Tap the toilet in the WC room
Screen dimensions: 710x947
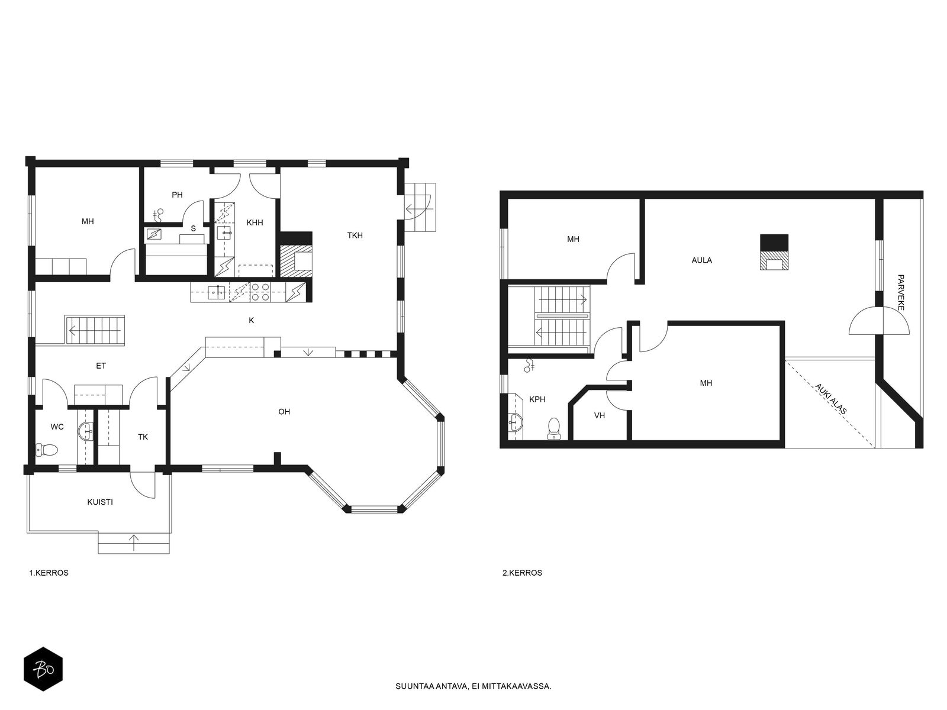pyautogui.click(x=47, y=450)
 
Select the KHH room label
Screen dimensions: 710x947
pyautogui.click(x=255, y=223)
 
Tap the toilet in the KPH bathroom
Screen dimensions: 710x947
pyautogui.click(x=555, y=428)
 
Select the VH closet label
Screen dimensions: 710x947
pyautogui.click(x=600, y=416)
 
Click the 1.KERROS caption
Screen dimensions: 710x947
pyautogui.click(x=49, y=573)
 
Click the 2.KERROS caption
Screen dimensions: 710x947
pyautogui.click(x=522, y=573)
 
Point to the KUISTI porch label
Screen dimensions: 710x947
pyautogui.click(x=100, y=502)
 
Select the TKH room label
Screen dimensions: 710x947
pyautogui.click(x=355, y=235)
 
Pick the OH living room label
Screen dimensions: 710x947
pyautogui.click(x=284, y=412)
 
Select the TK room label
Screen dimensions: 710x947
pyautogui.click(x=143, y=437)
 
